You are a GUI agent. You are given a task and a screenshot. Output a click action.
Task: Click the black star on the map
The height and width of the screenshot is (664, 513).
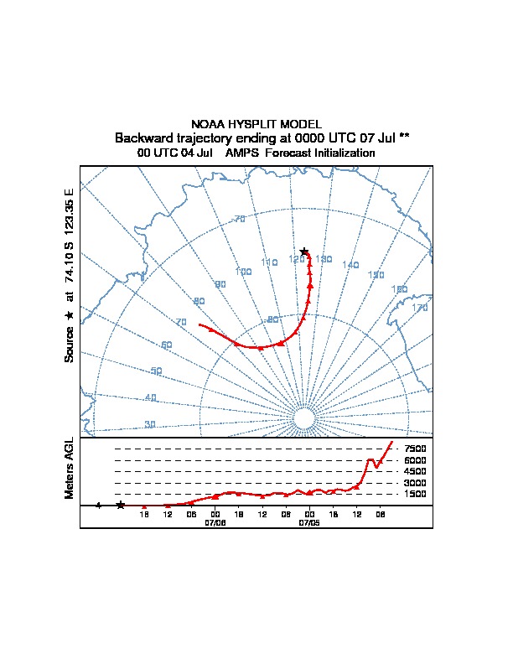tap(304, 252)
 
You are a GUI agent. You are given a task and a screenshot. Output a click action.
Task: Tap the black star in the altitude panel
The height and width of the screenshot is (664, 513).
tap(121, 505)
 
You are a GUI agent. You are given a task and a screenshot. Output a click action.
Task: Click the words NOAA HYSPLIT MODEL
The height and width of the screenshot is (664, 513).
tap(256, 124)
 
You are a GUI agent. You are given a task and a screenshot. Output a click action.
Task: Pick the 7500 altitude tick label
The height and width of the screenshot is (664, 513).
tap(415, 449)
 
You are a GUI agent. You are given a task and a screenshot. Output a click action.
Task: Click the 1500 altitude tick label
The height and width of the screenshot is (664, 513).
tap(415, 495)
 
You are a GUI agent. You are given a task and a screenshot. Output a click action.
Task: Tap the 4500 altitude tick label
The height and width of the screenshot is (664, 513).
tap(415, 472)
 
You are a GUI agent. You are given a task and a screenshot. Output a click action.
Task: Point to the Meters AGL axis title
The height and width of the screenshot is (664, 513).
tap(70, 469)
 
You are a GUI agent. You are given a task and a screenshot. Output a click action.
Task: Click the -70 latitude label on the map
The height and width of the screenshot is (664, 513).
tap(238, 219)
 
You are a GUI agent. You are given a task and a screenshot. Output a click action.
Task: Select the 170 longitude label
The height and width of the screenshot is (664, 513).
tap(420, 309)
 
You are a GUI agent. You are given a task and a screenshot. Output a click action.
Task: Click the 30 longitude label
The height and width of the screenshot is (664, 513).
tap(150, 424)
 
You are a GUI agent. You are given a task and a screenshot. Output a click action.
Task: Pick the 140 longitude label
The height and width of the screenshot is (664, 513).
tap(350, 265)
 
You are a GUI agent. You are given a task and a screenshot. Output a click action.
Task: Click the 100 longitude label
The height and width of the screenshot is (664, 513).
tap(244, 272)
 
